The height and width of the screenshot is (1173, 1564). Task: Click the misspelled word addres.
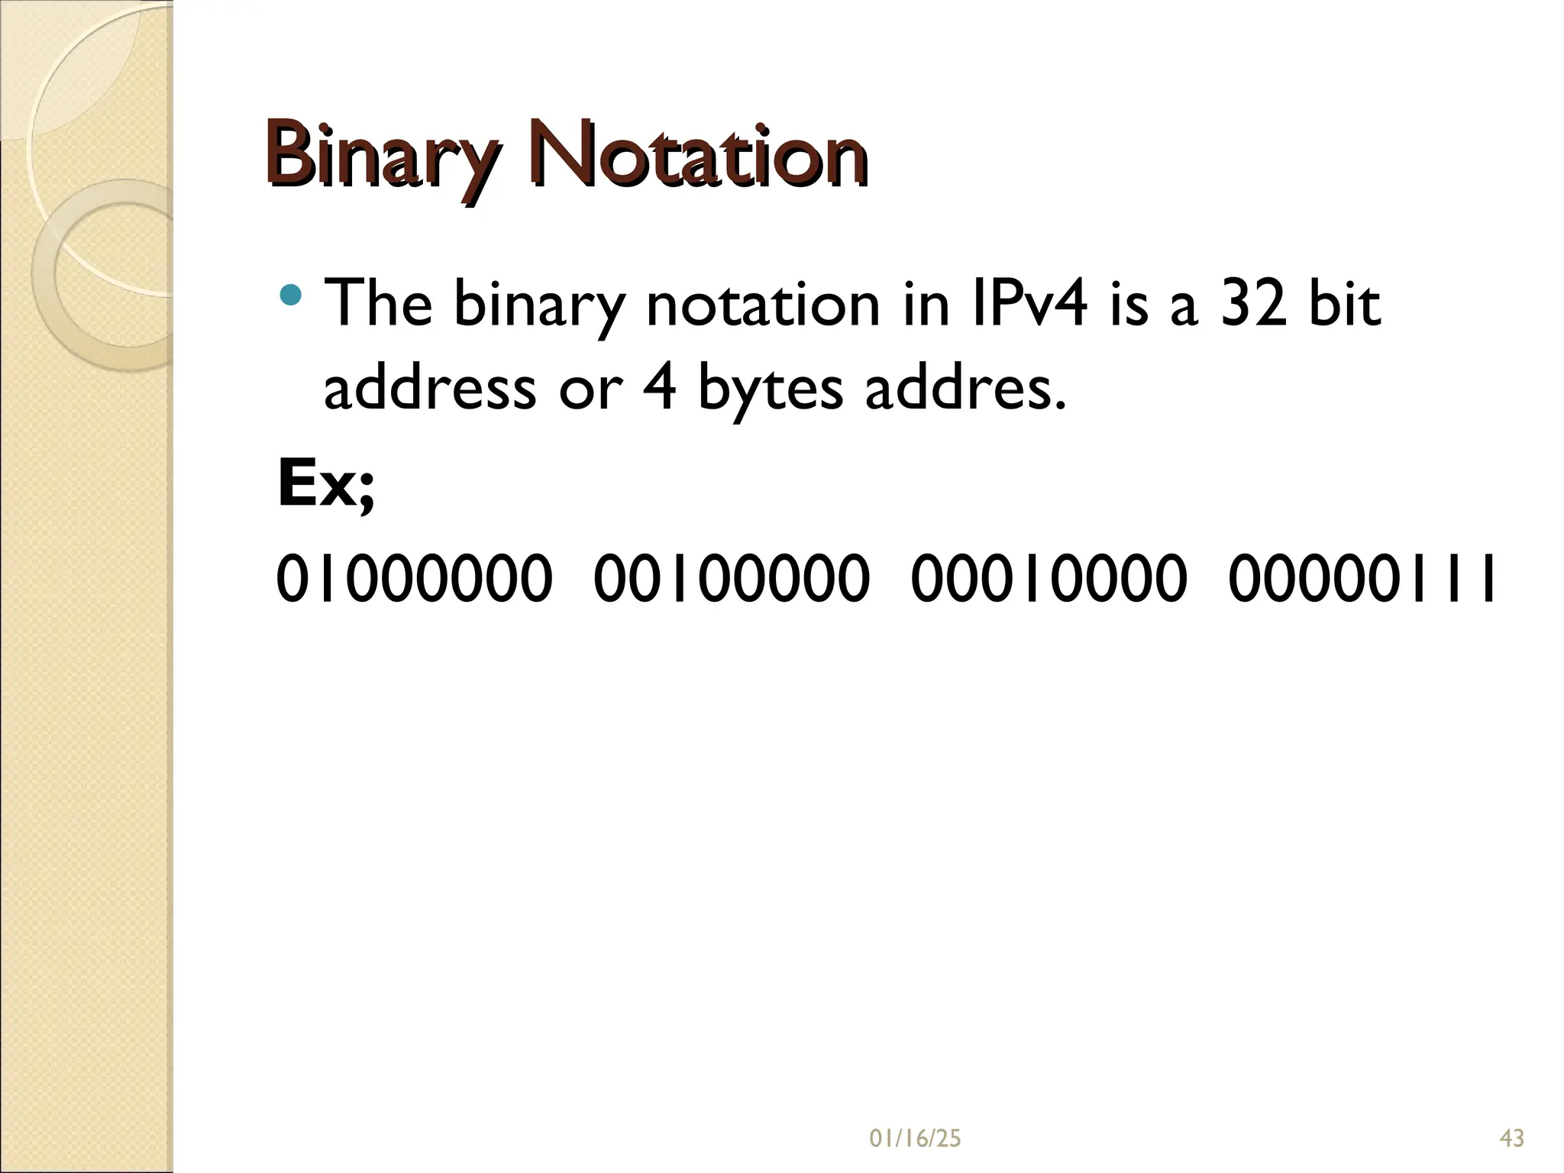point(964,388)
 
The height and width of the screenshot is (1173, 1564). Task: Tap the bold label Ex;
point(326,485)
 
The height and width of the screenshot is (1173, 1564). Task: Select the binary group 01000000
point(413,579)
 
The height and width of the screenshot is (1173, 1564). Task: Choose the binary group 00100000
point(731,579)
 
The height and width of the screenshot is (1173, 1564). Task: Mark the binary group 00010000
point(1049,579)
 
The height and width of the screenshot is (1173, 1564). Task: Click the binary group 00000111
point(1362,579)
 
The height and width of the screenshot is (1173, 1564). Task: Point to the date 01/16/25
point(915,1139)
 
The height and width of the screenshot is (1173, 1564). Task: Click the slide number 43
point(1512,1139)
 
